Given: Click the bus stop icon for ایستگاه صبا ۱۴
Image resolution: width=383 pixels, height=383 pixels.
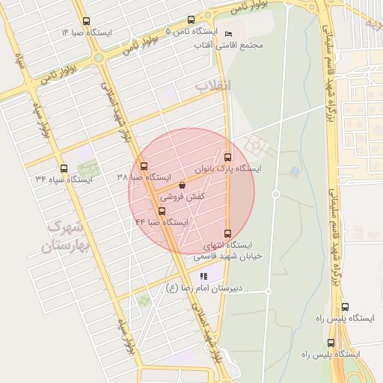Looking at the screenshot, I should click(x=86, y=22).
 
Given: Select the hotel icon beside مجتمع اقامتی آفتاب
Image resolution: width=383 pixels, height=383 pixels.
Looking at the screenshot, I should click(x=228, y=34).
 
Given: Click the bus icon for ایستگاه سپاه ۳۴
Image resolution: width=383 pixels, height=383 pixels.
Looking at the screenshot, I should click(x=63, y=168).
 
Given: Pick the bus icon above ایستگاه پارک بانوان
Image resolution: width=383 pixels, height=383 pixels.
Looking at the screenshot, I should click(x=227, y=157).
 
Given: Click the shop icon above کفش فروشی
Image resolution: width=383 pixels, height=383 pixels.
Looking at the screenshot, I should click(x=183, y=185).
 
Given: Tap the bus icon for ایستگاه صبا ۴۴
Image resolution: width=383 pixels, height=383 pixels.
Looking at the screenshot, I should click(x=162, y=210).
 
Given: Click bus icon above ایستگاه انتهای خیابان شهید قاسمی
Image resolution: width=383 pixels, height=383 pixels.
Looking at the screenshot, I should click(x=227, y=233).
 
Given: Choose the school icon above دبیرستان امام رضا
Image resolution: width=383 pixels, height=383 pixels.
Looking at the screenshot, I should click(x=204, y=276).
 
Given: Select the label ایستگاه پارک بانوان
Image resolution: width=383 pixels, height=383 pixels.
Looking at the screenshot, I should click(x=227, y=169).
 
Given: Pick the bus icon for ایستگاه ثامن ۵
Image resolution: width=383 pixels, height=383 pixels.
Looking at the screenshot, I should click(x=191, y=21).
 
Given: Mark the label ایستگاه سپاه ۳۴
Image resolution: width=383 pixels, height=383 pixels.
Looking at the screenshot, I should click(x=63, y=180).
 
